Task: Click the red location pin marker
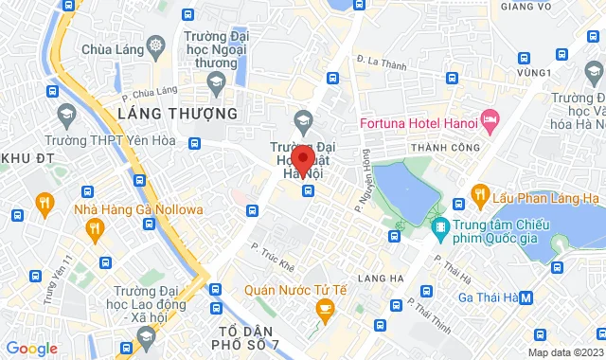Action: [x=303, y=159]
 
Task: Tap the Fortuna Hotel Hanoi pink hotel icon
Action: [x=490, y=119]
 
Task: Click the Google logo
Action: [x=30, y=349]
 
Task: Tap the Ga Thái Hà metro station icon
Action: [x=526, y=297]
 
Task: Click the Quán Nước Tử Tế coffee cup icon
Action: [x=325, y=308]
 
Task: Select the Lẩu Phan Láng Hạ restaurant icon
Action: [x=480, y=196]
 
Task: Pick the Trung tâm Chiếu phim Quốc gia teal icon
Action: [x=439, y=228]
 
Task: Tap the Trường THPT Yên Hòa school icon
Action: [x=65, y=117]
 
